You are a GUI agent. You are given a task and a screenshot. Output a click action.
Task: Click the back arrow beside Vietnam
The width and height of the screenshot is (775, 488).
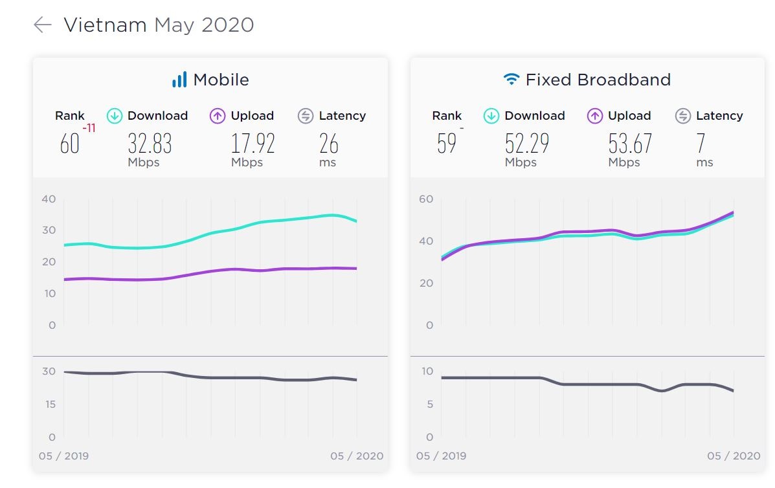coord(42,25)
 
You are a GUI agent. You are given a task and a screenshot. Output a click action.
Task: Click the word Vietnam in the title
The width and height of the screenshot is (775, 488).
coord(106,25)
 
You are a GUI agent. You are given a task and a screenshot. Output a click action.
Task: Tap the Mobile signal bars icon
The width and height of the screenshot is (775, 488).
coord(179,80)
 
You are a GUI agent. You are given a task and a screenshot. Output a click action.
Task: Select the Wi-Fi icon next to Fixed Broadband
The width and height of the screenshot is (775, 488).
coord(511,80)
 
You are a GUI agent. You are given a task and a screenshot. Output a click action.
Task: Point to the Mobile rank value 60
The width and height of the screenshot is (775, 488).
coord(69,144)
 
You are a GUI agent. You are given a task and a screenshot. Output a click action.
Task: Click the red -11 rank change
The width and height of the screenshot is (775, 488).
coord(89,128)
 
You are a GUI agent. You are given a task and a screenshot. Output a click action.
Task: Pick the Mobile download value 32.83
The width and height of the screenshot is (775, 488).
coord(150,143)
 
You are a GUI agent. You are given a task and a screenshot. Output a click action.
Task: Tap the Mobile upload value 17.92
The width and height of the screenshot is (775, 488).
coord(253,143)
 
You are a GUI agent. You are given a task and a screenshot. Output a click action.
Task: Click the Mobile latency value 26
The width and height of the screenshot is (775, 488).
coord(328,143)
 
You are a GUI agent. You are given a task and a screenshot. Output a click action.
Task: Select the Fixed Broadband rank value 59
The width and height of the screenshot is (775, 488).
coord(447,144)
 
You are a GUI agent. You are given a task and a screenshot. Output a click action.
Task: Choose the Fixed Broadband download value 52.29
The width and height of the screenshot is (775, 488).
coord(527,143)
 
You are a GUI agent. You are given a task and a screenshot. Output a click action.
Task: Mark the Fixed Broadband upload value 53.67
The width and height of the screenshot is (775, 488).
coord(630,143)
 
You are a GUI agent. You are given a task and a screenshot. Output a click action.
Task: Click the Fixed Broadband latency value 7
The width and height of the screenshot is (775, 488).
coord(701,143)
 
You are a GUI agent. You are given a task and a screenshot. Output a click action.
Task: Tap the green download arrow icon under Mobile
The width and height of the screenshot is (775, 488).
coord(115,116)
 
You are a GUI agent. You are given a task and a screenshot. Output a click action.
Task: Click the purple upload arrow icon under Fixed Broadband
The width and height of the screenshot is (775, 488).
coord(595,116)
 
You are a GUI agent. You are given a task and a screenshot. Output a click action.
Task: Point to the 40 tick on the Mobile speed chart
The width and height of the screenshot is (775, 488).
coord(49,199)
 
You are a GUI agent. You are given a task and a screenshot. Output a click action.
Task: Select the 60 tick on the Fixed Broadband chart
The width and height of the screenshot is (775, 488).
coord(425,199)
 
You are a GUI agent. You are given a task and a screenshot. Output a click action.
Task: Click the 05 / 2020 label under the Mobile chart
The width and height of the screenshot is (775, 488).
coord(357,456)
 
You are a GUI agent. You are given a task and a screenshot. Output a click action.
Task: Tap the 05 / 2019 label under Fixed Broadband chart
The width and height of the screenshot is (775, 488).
coord(441,456)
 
